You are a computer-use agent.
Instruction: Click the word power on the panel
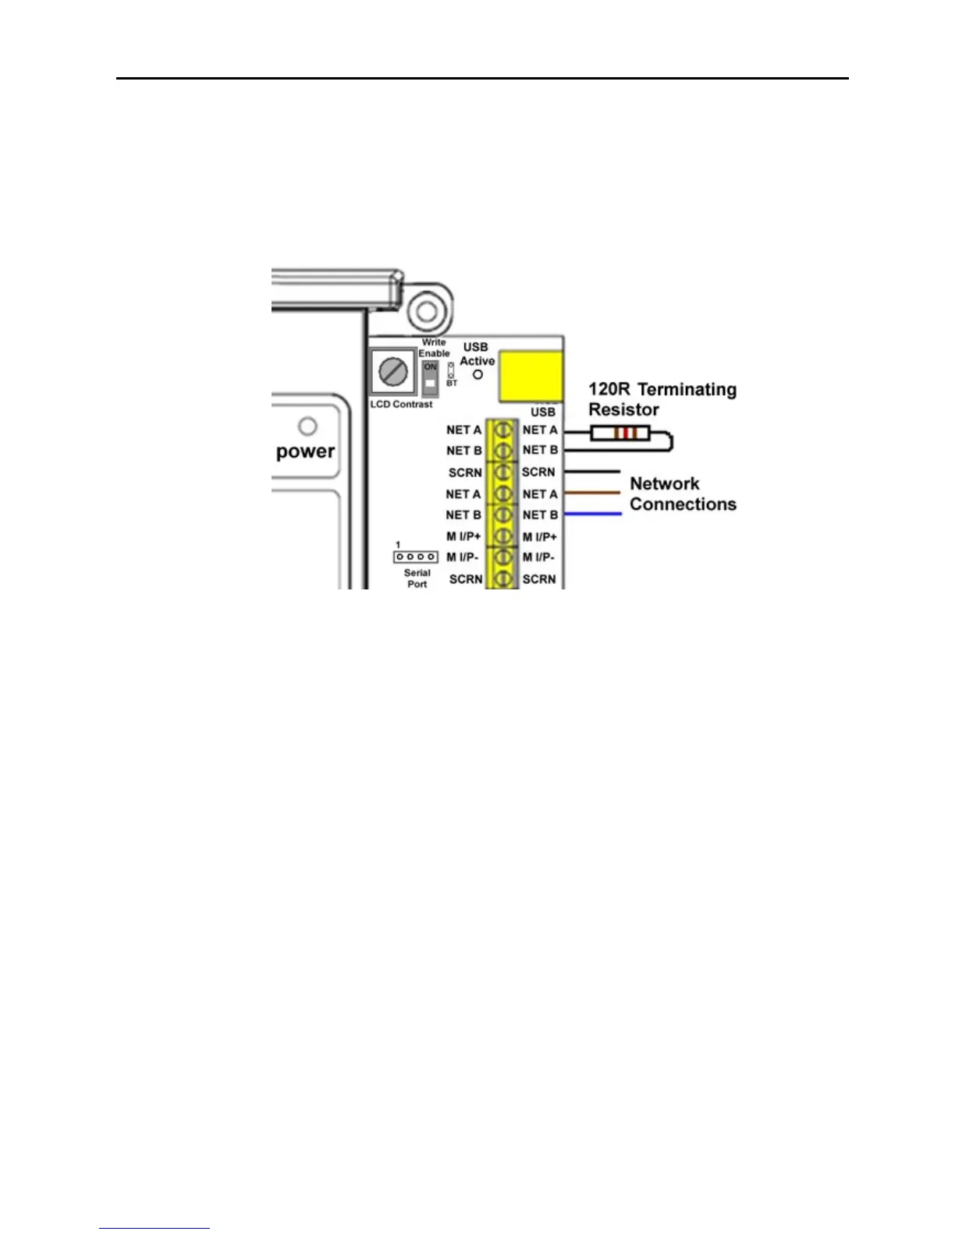305,452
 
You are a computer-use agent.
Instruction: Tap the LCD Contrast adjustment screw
393,372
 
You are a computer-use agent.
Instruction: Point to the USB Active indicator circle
477,374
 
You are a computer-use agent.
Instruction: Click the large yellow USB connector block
531,375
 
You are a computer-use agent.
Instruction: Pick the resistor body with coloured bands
620,433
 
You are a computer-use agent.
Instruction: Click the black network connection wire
591,472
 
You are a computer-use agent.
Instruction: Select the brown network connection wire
591,493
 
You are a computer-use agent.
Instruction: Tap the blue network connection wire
591,514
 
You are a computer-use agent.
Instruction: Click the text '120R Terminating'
662,389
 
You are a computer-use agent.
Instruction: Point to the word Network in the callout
664,483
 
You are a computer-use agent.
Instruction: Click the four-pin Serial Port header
415,557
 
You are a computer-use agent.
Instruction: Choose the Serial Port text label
417,579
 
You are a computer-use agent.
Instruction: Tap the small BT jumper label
452,384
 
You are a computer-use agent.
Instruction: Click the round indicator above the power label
308,426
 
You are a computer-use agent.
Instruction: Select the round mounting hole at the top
426,312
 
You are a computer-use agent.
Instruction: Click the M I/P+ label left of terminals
463,536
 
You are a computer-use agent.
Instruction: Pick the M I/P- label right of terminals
538,557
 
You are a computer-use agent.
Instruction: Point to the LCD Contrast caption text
401,405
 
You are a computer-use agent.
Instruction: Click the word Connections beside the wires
683,504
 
